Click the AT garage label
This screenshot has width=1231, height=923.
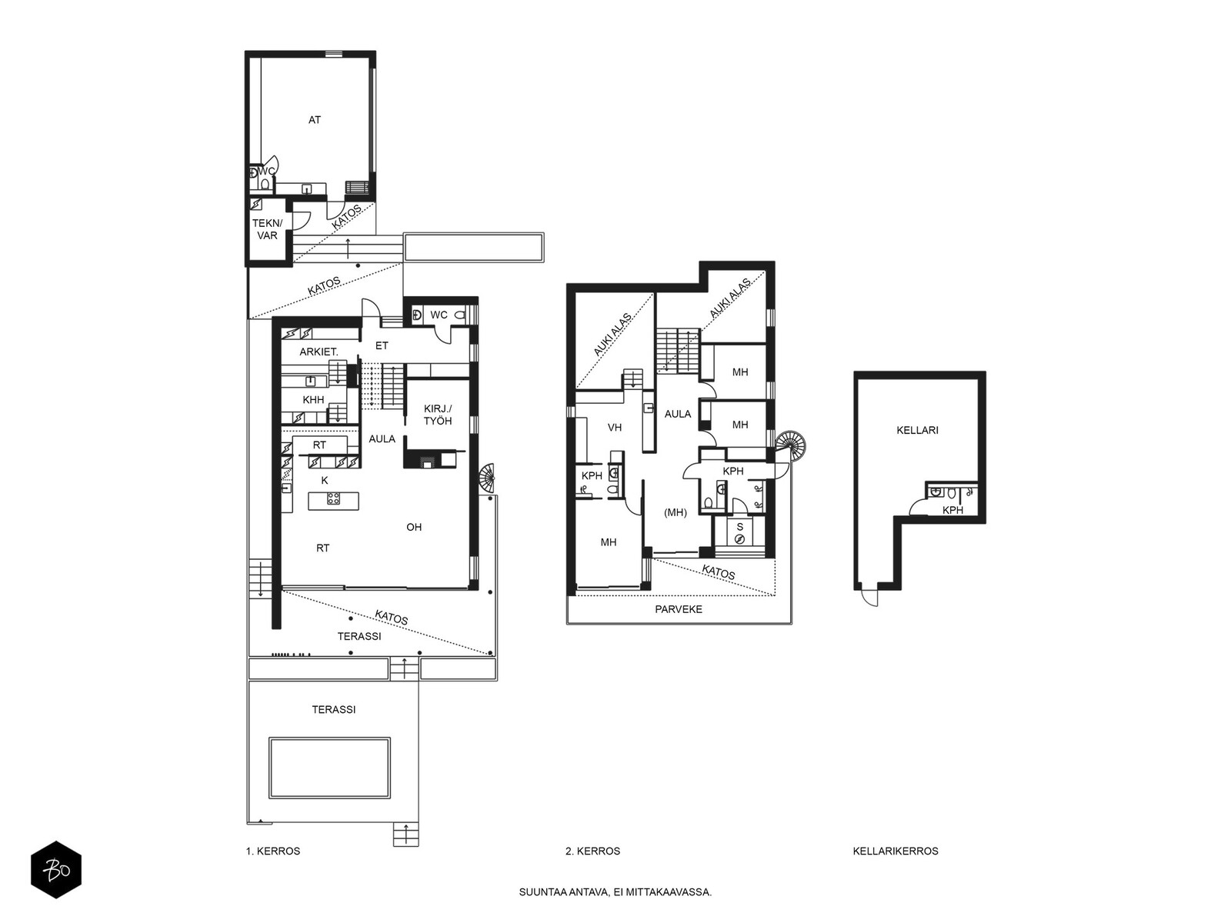point(314,120)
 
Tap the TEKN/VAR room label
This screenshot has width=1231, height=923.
point(268,229)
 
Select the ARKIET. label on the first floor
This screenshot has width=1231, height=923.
point(319,352)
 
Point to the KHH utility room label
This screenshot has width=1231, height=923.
point(313,400)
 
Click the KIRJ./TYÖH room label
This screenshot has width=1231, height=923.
point(438,415)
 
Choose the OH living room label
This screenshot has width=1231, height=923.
point(414,527)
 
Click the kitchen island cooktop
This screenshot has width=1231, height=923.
point(334,498)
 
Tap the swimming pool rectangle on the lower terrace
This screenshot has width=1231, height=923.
point(330,768)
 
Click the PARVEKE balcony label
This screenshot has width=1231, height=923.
point(679,609)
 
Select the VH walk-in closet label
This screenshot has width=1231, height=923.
point(615,428)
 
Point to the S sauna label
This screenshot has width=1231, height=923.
point(739,527)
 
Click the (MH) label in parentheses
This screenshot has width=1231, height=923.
point(676,512)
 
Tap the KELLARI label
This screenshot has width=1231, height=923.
point(918,431)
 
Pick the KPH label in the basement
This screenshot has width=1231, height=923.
point(952,511)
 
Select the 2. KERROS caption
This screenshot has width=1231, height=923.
point(592,851)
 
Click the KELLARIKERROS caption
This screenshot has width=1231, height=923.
point(896,851)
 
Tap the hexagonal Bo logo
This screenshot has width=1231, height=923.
point(56,870)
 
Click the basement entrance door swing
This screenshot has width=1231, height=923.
point(869,598)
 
